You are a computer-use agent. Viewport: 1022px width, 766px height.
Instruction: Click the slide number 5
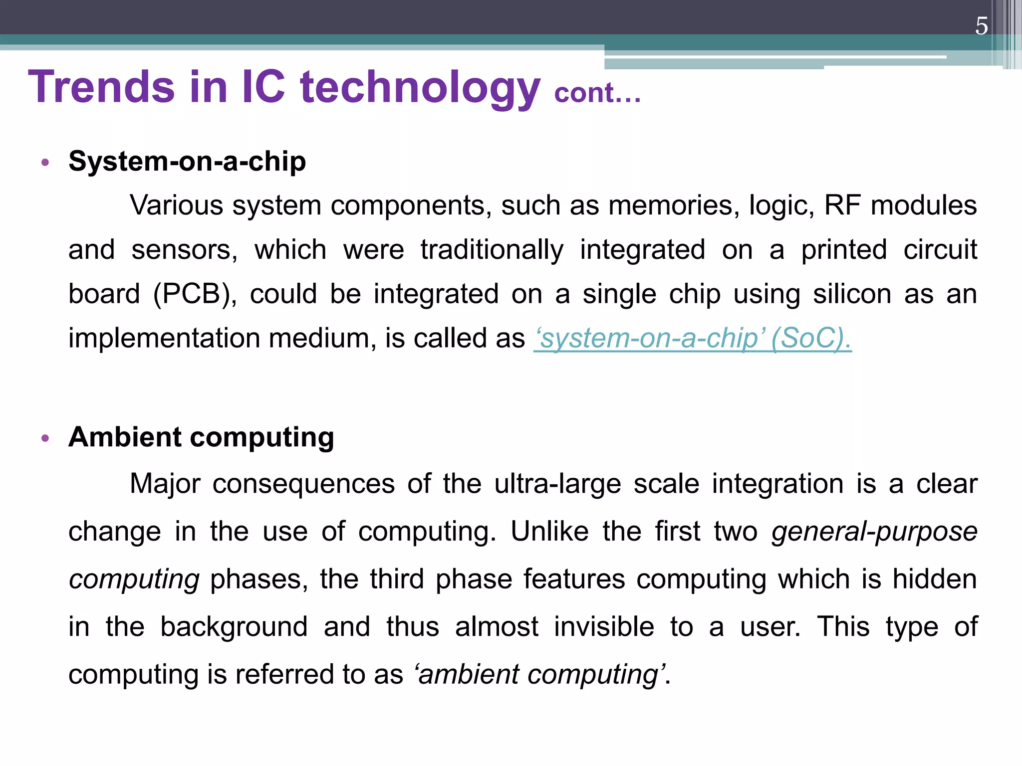coord(981,26)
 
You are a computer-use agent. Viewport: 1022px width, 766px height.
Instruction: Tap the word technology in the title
coord(420,87)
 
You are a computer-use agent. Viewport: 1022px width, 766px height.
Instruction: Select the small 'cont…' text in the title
coord(597,93)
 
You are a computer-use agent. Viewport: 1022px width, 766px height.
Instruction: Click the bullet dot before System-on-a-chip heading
coord(45,163)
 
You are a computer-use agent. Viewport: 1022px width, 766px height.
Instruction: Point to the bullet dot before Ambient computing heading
coord(45,438)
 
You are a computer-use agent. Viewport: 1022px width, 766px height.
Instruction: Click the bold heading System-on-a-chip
coord(187,162)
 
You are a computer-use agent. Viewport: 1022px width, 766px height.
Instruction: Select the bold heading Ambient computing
coord(201,437)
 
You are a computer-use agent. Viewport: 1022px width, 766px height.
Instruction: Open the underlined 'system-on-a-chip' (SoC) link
coord(692,338)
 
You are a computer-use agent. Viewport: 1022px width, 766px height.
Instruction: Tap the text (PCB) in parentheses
coord(195,294)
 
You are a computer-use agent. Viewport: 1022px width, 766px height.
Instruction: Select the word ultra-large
coord(557,484)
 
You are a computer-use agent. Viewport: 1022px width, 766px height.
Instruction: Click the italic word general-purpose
coord(874,532)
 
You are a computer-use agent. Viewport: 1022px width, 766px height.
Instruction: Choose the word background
coord(234,626)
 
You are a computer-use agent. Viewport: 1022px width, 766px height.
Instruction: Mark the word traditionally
coord(492,250)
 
